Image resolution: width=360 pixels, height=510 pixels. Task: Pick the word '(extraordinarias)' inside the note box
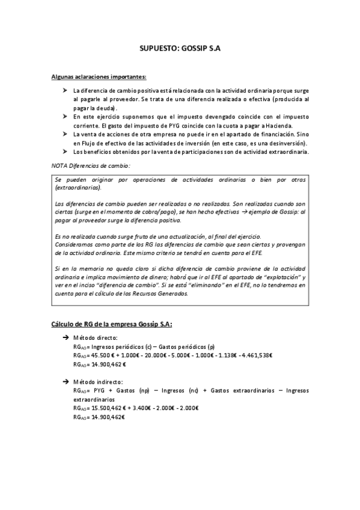pyautogui.click(x=78, y=187)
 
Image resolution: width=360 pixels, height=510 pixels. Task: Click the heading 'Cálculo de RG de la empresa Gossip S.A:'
pyautogui.click(x=111, y=325)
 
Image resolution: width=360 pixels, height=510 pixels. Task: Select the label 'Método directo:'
pyautogui.click(x=95, y=338)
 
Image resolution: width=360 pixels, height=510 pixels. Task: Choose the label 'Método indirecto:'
pyautogui.click(x=98, y=382)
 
